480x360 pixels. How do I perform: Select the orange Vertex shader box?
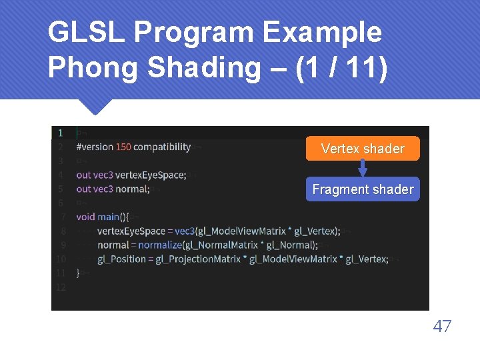click(363, 149)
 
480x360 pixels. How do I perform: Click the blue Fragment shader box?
click(363, 189)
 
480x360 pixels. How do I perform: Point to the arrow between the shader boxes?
click(363, 169)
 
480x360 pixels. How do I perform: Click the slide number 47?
click(442, 326)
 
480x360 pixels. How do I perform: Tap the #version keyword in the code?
click(95, 147)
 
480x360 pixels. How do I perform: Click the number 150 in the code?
click(123, 147)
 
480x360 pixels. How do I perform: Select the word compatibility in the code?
click(163, 147)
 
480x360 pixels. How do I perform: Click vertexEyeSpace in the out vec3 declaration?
click(150, 175)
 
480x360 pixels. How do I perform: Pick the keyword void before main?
click(85, 217)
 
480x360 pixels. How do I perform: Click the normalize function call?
click(160, 245)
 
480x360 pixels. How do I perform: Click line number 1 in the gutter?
click(61, 133)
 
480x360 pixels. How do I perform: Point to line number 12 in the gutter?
click(61, 287)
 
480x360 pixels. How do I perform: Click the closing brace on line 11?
click(78, 273)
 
